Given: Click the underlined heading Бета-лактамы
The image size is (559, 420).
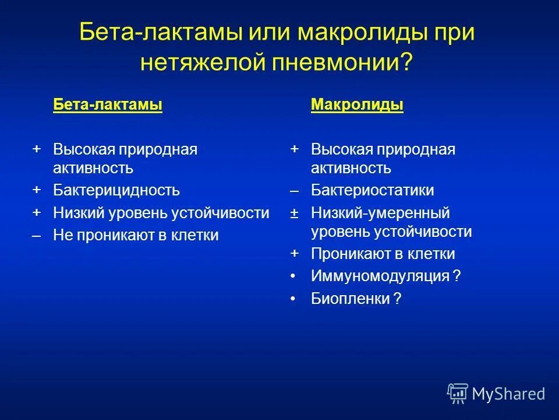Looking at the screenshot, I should coord(108,105).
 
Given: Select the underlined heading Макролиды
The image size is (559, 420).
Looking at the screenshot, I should coord(357,105).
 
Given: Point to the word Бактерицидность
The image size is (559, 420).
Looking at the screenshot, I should coord(116,191).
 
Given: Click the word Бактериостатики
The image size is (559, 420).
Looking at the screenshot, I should coord(372,191).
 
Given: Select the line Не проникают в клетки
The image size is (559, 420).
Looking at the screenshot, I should coord(136,236).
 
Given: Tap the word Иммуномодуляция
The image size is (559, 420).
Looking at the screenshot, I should coord(380,276).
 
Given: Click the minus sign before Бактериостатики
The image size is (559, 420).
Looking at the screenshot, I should coord(295,191).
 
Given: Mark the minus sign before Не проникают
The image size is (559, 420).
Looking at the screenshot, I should coord(37,236).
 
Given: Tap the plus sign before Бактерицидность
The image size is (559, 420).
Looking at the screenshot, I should coord(37,190).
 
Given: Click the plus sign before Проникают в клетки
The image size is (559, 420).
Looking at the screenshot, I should coord(295,253).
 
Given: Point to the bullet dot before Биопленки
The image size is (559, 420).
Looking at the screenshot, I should coord(295,299).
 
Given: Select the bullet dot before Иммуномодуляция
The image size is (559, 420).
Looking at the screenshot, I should coord(295,276).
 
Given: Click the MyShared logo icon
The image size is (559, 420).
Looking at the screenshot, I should coord(458,394).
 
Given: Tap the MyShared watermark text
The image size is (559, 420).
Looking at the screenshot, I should coord(508,394).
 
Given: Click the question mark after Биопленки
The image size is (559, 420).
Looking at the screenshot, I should coord(397,299).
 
